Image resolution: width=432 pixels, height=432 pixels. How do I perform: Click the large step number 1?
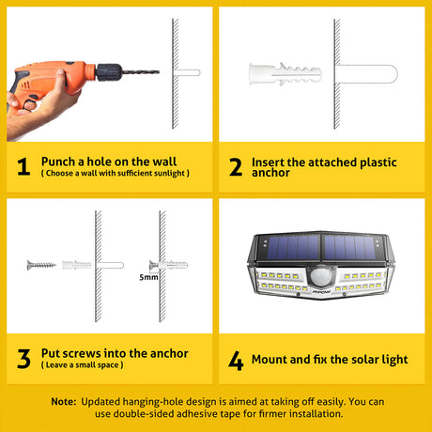(x=23, y=166)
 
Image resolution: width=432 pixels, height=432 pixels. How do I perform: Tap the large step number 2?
(x=236, y=166)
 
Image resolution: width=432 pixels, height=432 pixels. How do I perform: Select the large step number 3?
(x=23, y=359)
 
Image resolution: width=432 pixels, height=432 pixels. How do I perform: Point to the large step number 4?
(x=236, y=361)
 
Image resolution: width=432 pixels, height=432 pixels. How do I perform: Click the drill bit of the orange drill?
(x=140, y=72)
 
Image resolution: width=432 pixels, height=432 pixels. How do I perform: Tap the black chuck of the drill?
(x=108, y=72)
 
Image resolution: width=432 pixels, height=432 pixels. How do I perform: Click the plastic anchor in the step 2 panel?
(x=285, y=74)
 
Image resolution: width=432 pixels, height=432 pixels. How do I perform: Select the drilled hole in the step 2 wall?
(x=365, y=74)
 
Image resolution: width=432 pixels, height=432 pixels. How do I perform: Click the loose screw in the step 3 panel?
(x=41, y=265)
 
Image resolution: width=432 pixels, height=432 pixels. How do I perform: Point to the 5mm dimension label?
(x=148, y=277)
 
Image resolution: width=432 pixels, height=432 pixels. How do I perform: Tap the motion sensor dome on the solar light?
(x=320, y=275)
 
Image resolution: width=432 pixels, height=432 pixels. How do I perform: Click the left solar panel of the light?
(x=289, y=247)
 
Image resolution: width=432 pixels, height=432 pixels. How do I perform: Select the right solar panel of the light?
(x=350, y=247)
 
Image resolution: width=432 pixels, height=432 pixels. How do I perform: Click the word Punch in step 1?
(x=58, y=162)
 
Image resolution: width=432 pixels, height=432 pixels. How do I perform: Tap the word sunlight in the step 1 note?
(x=170, y=173)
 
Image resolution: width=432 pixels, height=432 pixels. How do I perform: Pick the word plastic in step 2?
(x=378, y=162)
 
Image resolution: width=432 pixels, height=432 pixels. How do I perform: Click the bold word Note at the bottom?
(x=64, y=402)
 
